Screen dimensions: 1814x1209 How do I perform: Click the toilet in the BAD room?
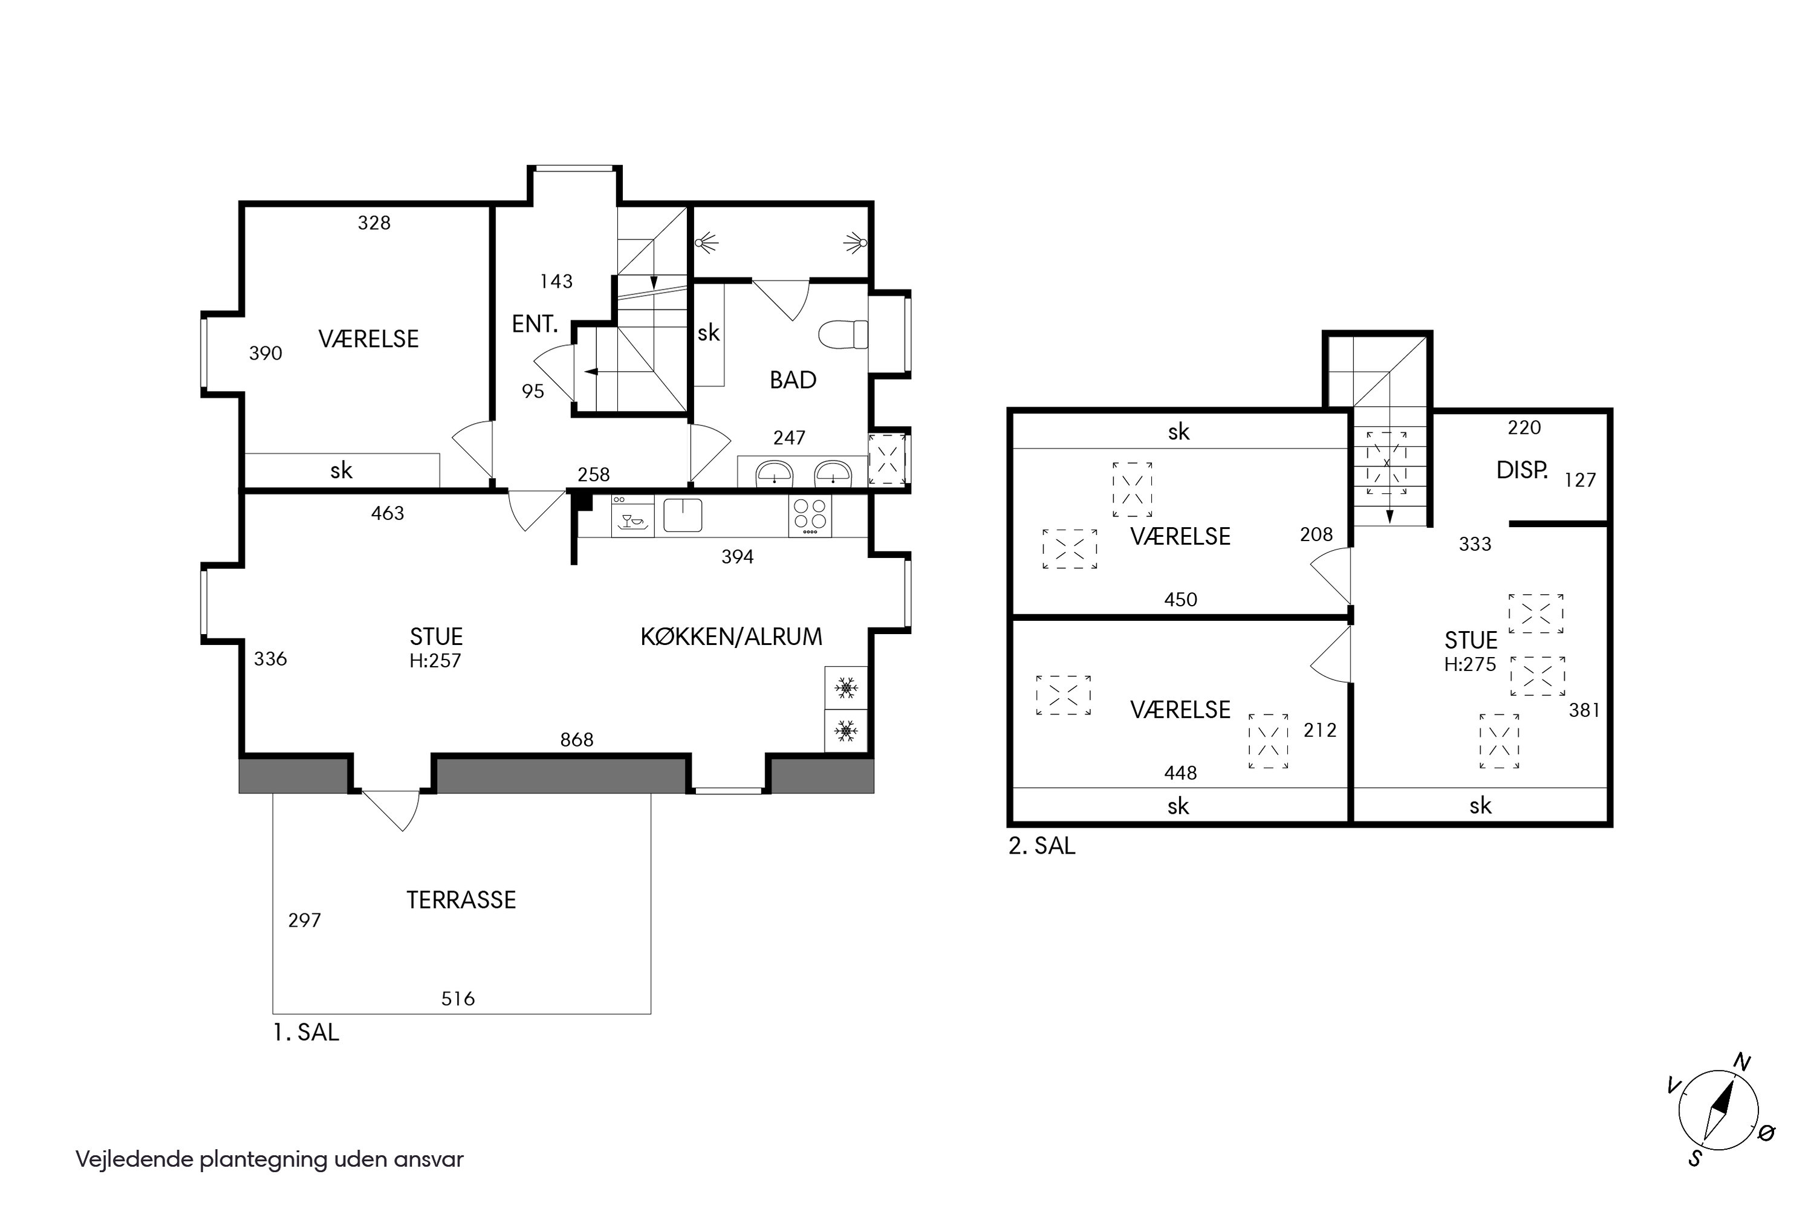click(x=843, y=335)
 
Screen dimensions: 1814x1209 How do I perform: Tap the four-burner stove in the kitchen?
click(x=810, y=516)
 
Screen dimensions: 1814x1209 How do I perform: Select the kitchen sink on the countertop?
click(x=683, y=515)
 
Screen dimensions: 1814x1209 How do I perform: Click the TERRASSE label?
click(x=461, y=900)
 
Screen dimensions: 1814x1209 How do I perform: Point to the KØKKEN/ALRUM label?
click(x=731, y=637)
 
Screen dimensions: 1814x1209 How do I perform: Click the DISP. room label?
click(x=1523, y=470)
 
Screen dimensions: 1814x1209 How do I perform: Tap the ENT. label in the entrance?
click(x=535, y=324)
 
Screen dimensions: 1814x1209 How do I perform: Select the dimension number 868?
click(x=577, y=739)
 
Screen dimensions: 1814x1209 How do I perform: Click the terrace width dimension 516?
click(x=458, y=999)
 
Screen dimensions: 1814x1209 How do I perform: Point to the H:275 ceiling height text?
click(x=1470, y=664)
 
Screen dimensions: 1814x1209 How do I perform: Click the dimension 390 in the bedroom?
click(x=265, y=353)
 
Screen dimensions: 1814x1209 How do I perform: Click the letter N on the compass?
click(x=1742, y=1063)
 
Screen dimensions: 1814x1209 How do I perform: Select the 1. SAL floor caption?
click(x=306, y=1032)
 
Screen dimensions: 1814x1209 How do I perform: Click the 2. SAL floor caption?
click(x=1042, y=846)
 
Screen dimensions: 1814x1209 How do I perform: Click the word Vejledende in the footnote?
click(x=134, y=1159)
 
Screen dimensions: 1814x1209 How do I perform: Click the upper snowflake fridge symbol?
click(x=846, y=688)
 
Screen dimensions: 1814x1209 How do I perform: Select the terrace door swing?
click(x=392, y=809)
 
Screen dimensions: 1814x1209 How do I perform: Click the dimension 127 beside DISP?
click(x=1581, y=481)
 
